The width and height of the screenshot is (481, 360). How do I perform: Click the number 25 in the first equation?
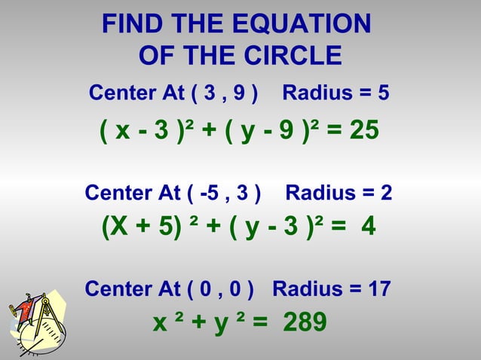(x=364, y=133)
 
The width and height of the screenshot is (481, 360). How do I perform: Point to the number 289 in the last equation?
(x=305, y=322)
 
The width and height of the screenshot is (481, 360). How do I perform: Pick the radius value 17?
(x=378, y=288)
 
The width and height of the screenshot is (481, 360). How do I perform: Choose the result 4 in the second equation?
(x=368, y=227)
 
